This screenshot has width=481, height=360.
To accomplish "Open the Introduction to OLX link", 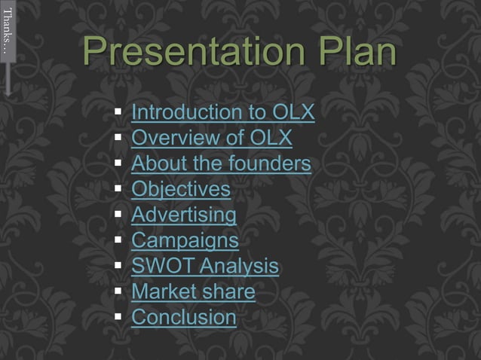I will click(x=223, y=113).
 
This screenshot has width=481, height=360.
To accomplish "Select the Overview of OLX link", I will click(x=212, y=139).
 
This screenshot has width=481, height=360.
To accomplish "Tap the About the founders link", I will click(x=221, y=164).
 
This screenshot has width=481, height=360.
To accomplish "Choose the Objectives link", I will click(x=181, y=190).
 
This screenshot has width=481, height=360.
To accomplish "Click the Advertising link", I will click(x=184, y=215).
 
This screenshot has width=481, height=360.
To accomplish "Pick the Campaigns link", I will click(x=185, y=241).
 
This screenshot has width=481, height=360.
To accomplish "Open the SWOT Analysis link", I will click(x=205, y=267).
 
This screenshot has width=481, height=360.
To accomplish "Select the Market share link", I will click(x=193, y=292).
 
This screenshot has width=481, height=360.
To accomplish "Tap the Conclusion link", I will click(x=184, y=318).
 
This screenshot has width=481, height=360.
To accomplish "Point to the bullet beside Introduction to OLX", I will click(x=118, y=114).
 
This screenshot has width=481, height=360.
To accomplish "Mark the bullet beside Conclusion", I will click(x=118, y=318).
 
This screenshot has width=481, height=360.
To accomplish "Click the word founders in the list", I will click(x=273, y=164).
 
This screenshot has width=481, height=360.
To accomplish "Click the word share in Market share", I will click(x=231, y=292).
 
